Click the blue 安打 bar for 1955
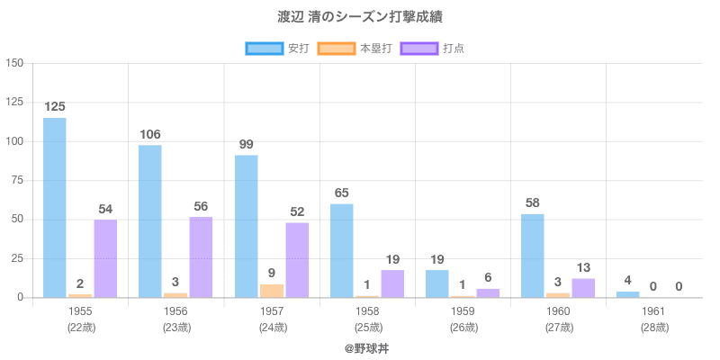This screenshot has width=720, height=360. [x=55, y=207]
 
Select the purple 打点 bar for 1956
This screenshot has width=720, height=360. [x=201, y=257]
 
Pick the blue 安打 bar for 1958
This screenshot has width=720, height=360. [x=341, y=250]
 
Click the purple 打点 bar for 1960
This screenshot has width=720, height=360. [x=583, y=288]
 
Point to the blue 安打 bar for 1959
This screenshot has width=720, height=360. [x=436, y=283]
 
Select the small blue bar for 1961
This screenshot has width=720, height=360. [x=627, y=294]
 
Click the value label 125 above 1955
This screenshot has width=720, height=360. [x=55, y=106]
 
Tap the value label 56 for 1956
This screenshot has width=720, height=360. [x=201, y=205]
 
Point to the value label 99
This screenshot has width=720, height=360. [x=246, y=144]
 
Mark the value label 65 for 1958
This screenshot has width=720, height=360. [x=341, y=193]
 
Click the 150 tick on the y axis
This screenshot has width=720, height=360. [x=14, y=63]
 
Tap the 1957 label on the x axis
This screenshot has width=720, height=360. [x=272, y=311]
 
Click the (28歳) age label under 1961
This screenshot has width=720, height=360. [x=653, y=328]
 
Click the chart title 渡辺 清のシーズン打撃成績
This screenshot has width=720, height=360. [x=360, y=17]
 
